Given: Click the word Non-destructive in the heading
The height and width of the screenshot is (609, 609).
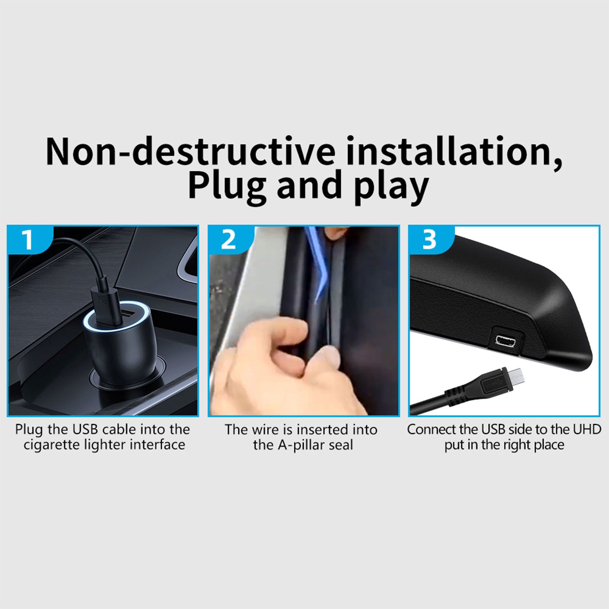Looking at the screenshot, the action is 190,151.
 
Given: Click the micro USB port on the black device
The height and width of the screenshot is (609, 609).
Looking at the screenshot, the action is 505,340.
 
